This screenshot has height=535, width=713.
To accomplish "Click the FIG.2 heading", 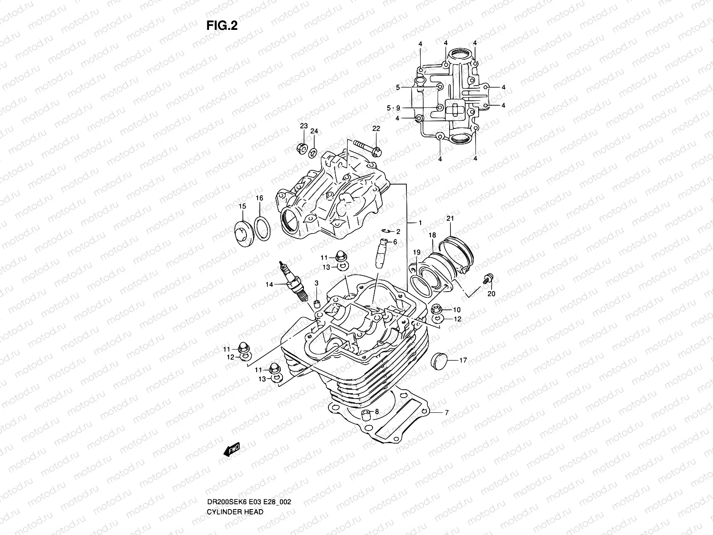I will tap(222, 26).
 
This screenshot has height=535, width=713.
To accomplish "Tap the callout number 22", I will tap(376, 128).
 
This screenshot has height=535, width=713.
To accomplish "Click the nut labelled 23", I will tap(301, 148).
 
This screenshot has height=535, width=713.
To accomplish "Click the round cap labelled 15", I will tap(244, 232).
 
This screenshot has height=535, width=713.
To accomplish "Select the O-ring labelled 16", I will tap(262, 228).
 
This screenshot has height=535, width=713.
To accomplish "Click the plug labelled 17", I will tap(439, 361).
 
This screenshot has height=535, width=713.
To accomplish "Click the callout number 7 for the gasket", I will tap(447, 413).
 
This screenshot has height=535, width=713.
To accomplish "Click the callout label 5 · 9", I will tap(393, 108).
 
